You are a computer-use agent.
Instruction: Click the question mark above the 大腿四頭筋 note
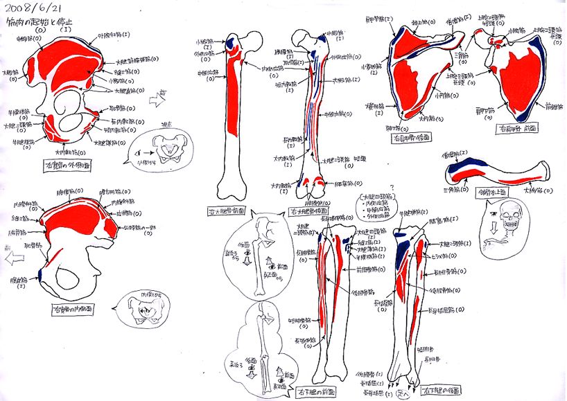point(392,187)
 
